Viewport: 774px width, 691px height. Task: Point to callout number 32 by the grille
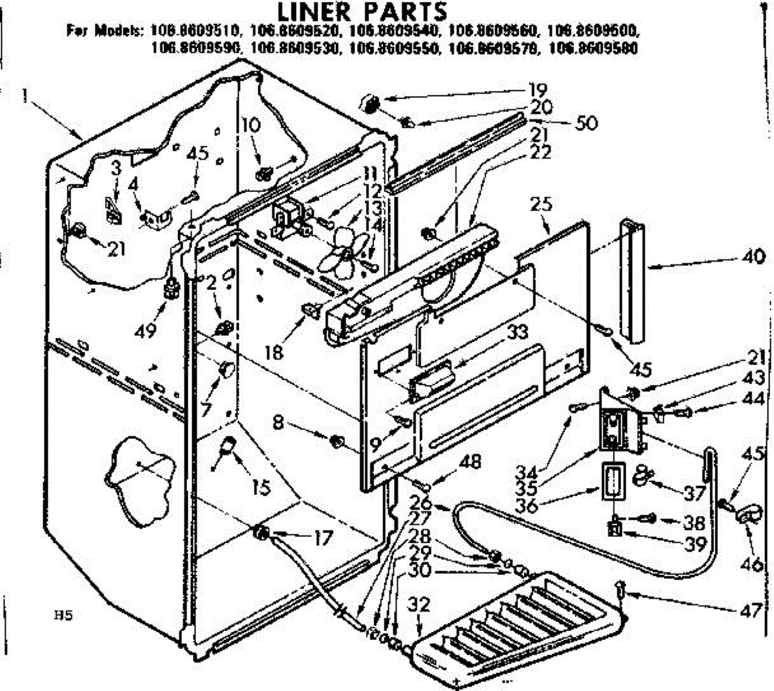tap(419, 605)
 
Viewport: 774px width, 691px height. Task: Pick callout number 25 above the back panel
tap(541, 205)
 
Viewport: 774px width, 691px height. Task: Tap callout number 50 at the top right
tap(586, 122)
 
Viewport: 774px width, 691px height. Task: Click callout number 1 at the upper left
tap(24, 97)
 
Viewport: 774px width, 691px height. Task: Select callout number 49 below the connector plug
tap(146, 331)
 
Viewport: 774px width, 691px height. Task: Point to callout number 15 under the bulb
tap(260, 488)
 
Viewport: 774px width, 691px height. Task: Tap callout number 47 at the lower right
tap(753, 609)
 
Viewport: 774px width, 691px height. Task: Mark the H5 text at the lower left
tap(62, 616)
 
